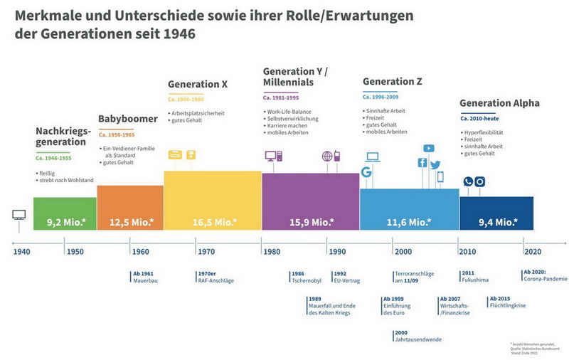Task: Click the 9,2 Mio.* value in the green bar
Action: [66, 223]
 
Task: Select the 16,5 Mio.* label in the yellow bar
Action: [215, 223]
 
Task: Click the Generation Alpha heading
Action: [499, 103]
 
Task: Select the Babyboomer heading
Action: [127, 119]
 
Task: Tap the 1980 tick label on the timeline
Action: [272, 252]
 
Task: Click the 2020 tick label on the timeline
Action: [533, 252]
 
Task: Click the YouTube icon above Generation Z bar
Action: [428, 149]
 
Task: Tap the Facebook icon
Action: [422, 163]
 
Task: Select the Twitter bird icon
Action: [435, 164]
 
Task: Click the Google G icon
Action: [367, 172]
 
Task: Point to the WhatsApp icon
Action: [468, 181]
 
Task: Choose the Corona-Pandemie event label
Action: [545, 280]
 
